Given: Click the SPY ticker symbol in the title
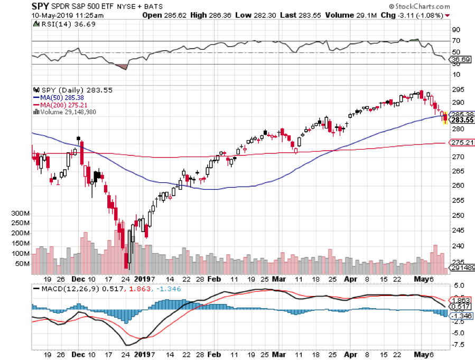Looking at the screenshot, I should pos(41,6).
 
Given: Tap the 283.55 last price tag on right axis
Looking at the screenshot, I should pos(462,120).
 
